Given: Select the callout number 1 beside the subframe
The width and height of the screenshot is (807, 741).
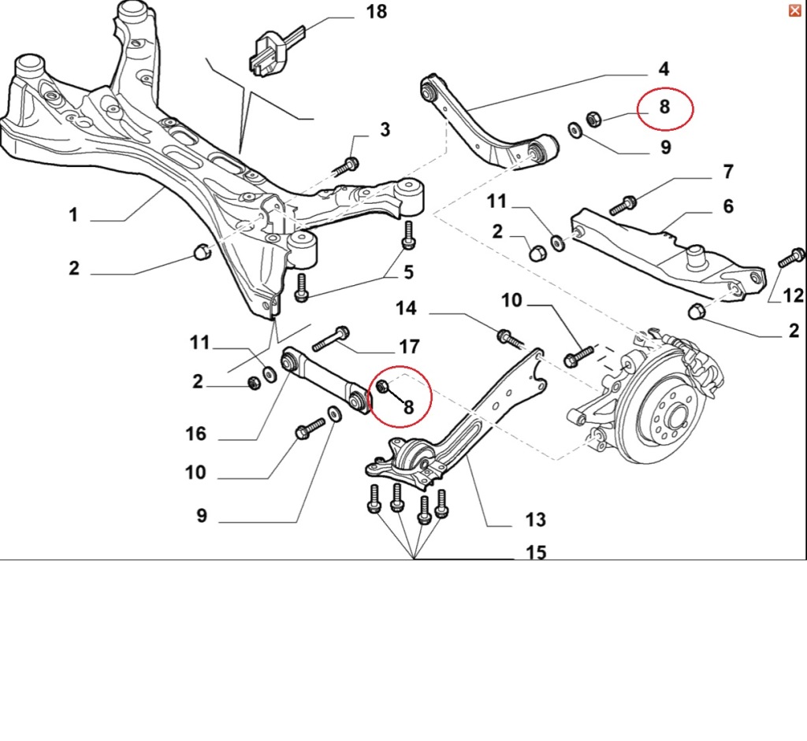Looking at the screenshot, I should [x=73, y=214].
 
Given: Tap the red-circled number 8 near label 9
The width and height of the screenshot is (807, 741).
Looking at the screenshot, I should [x=664, y=106].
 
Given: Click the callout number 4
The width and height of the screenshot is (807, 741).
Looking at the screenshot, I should [x=664, y=69].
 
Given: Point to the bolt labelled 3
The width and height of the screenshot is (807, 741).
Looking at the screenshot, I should [x=347, y=165].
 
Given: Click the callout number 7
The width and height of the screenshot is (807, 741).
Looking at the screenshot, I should [x=727, y=171].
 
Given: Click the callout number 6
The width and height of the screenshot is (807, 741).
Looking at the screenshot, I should [x=727, y=206].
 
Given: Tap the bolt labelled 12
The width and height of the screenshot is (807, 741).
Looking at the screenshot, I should [x=790, y=257].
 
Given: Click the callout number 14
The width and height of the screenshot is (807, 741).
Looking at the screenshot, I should [x=406, y=308].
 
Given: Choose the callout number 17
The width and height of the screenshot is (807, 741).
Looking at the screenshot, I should [x=409, y=346].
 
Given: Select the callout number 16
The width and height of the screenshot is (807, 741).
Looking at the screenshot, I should [x=195, y=434].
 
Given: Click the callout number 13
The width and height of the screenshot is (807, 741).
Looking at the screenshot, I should [x=535, y=520].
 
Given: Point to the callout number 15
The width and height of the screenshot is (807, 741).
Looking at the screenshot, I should [x=535, y=553].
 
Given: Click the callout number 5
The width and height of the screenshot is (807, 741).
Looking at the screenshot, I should [x=408, y=272].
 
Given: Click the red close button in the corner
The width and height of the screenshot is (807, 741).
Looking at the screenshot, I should [x=794, y=9].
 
